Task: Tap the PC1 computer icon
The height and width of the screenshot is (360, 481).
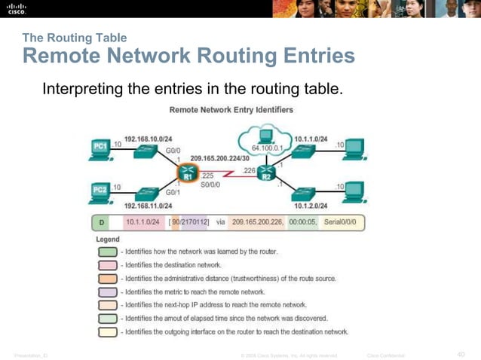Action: tap(100, 147)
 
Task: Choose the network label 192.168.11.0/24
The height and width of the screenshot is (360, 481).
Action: tap(148, 205)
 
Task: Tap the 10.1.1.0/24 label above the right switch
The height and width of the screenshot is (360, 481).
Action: tap(311, 139)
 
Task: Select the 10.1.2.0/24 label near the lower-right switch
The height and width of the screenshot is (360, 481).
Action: tap(311, 205)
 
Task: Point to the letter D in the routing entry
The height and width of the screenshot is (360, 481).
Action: tap(101, 222)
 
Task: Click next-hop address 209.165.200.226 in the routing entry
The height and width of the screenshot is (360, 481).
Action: tap(252, 222)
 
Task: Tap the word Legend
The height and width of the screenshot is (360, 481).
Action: tap(107, 239)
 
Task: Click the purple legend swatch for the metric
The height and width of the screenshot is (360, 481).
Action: tap(106, 291)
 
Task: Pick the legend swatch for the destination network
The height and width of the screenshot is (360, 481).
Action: tap(106, 265)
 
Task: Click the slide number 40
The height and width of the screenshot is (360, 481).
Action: tap(461, 354)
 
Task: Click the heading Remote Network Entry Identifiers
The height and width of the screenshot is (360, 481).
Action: tap(231, 110)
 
